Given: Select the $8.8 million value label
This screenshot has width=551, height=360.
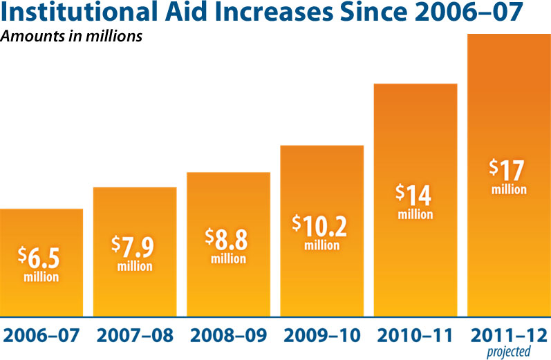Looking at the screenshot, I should [x=228, y=245].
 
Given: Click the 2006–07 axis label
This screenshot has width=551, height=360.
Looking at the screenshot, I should [x=41, y=336].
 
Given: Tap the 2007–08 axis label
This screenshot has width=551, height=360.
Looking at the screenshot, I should [x=135, y=336].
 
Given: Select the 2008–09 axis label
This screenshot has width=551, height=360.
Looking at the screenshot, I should [x=228, y=336].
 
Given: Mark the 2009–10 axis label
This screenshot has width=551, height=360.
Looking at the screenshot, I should [x=321, y=336].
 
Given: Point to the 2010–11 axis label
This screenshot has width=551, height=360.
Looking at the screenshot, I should [x=415, y=336].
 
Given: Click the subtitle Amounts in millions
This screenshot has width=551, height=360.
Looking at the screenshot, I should [x=71, y=37].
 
